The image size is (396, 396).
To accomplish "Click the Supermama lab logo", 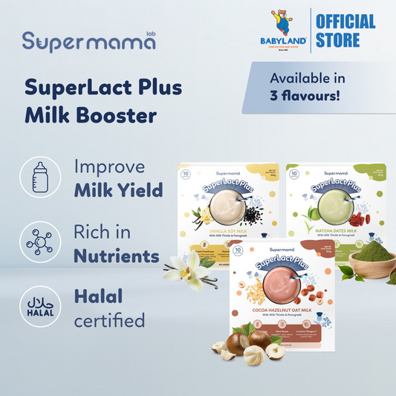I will click(88, 40).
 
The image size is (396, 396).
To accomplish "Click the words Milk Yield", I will click(119, 191).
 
